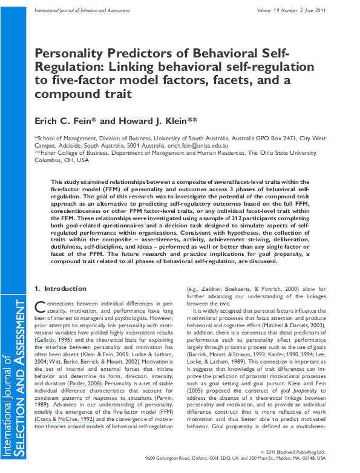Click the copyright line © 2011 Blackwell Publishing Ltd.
tap(300, 452)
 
